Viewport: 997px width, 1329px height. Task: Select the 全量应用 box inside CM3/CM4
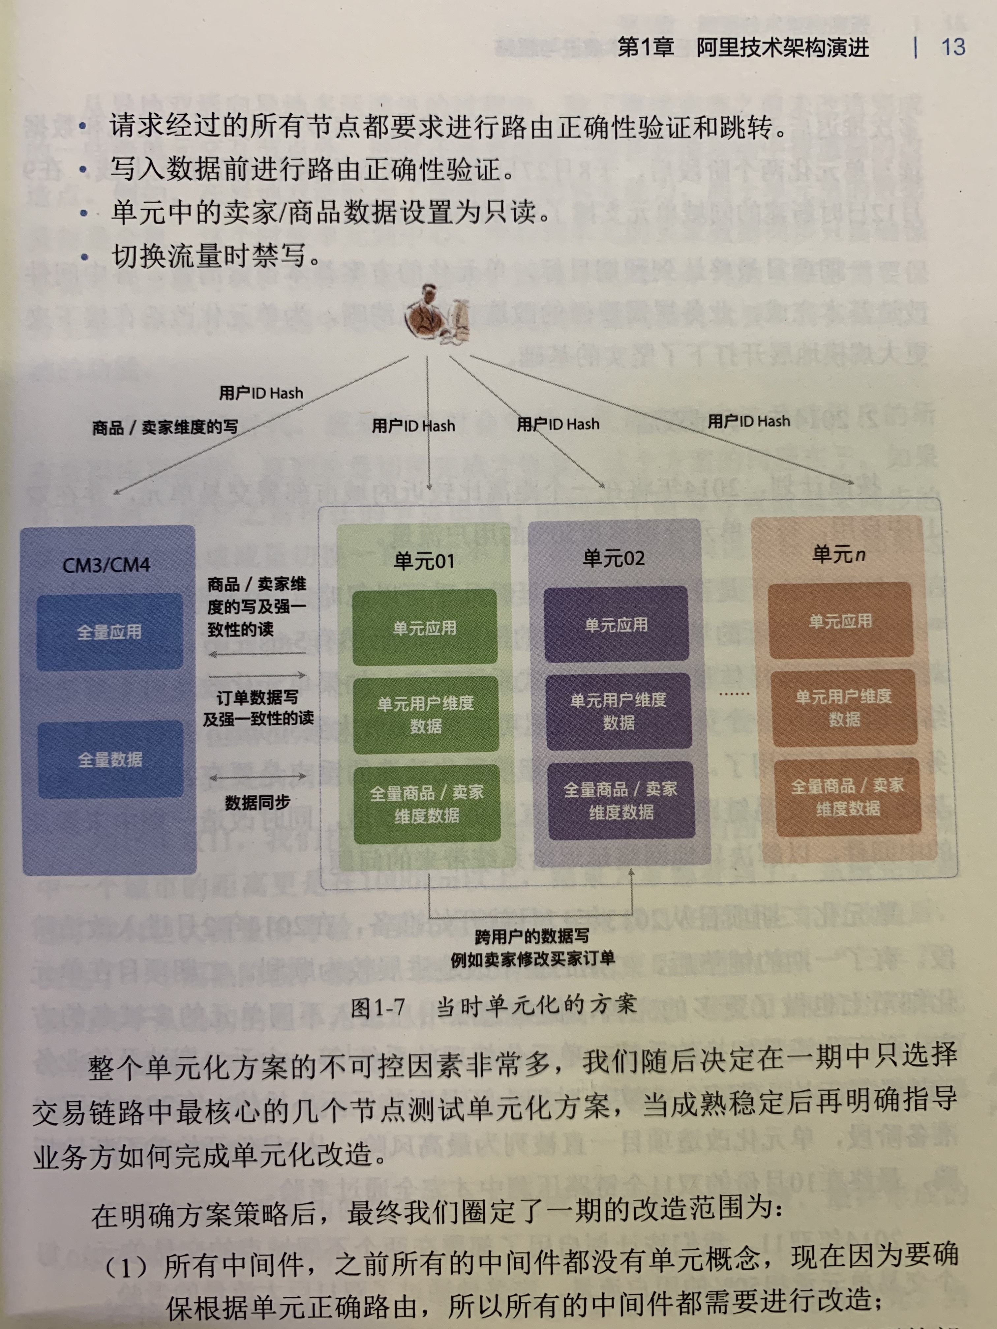109,632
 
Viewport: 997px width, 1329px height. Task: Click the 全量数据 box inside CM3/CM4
110,759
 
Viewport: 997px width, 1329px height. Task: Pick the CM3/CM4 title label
106,565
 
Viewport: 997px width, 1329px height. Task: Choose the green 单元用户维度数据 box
426,714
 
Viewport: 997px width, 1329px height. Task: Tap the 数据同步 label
257,803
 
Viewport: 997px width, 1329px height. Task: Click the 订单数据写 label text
257,697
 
